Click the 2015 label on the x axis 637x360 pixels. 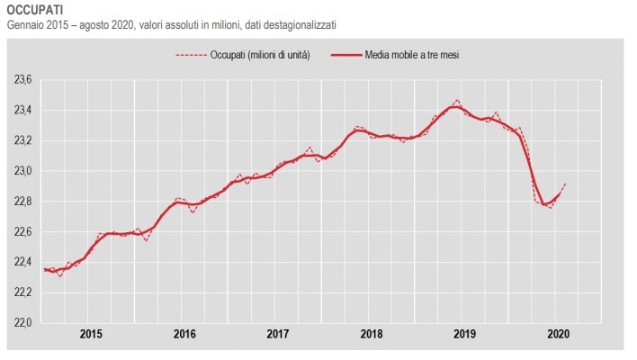pyautogui.click(x=91, y=334)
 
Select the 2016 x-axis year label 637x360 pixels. pyautogui.click(x=184, y=334)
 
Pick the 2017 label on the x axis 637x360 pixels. pyautogui.click(x=278, y=334)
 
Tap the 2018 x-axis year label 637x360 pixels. pyautogui.click(x=372, y=334)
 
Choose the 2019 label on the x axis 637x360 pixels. pyautogui.click(x=465, y=334)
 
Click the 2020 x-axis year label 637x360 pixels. pyautogui.click(x=558, y=334)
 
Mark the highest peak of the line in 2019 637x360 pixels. pyautogui.click(x=457, y=101)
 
